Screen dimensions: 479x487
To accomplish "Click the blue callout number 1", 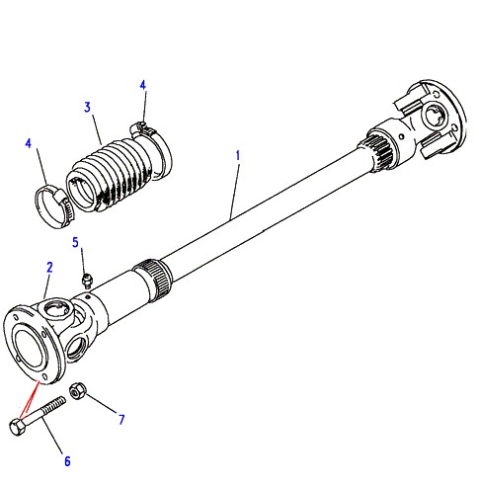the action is coord(238,156).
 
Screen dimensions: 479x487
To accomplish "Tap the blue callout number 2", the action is coord(49,268).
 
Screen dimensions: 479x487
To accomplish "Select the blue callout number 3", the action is coord(87,107).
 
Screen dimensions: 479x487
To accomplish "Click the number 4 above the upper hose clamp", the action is coord(142,85).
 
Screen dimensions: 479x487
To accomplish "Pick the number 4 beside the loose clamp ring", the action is coord(29,143).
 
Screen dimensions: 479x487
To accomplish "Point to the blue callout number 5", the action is coord(76,242).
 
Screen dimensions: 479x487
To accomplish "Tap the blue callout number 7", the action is coord(121,420).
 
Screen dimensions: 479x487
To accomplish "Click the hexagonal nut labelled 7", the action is coord(78,391).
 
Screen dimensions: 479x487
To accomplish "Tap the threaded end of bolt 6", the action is coord(57,404).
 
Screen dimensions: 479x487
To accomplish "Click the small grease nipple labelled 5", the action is coord(87,281).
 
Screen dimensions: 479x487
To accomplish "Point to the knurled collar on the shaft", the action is coord(154,276).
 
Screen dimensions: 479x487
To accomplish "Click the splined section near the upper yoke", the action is coord(378,153).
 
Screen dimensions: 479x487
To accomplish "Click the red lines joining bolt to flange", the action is coord(30,399).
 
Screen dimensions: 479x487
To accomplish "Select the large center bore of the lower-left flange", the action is coord(30,349).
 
